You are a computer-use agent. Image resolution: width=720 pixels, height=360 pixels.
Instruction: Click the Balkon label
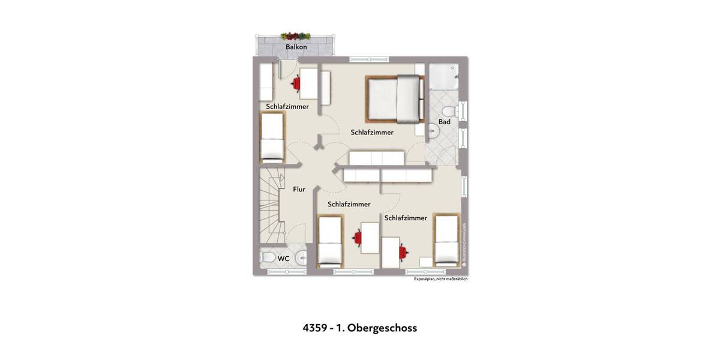[296, 47]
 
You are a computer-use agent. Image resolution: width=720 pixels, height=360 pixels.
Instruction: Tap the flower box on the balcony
[296, 36]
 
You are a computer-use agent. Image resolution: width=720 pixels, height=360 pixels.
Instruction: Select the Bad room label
[444, 122]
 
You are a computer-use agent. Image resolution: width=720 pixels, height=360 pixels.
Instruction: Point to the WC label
[283, 259]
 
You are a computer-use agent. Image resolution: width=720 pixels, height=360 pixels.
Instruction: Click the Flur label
[299, 190]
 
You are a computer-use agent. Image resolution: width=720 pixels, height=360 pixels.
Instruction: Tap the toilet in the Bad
[448, 111]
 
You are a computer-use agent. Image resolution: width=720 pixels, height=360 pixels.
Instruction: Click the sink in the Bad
[433, 130]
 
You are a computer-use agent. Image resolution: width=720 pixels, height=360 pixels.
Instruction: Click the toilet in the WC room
[268, 259]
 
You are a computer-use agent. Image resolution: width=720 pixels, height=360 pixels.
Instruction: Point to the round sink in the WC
[301, 259]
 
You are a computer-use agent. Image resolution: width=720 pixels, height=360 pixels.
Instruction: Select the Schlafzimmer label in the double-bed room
[372, 132]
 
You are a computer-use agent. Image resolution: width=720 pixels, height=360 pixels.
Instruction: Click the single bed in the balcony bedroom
[272, 139]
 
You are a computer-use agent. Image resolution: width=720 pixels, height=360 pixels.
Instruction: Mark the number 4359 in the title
[314, 328]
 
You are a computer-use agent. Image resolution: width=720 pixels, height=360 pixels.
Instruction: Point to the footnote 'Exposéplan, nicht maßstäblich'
[440, 279]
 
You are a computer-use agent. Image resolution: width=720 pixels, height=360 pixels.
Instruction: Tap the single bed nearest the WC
[329, 242]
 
